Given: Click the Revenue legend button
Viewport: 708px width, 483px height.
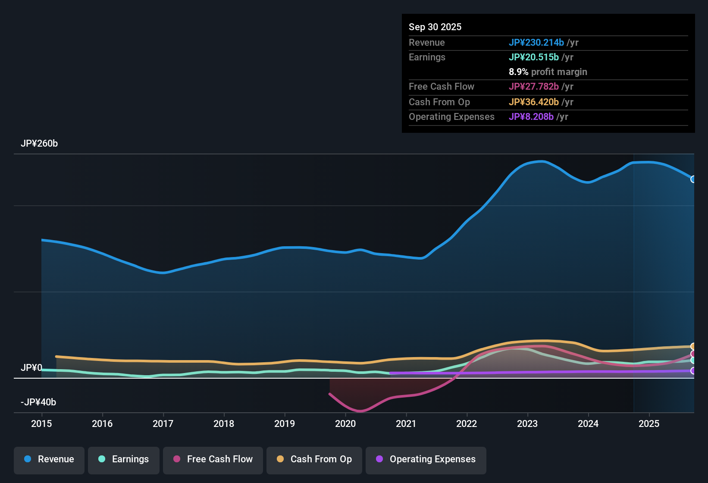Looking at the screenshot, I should tap(49, 459).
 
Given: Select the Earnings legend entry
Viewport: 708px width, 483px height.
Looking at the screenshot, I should tap(124, 459).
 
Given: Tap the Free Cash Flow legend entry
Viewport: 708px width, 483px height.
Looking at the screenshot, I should tap(213, 459).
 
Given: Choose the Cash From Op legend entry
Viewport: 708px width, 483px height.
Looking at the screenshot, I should tap(314, 459).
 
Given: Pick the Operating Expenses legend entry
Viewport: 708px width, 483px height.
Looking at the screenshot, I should tap(426, 459).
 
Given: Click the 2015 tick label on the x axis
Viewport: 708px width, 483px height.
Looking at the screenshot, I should tap(41, 424).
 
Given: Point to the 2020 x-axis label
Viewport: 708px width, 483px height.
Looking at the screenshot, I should tap(345, 424).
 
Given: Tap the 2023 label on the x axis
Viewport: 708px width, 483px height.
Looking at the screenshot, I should tap(527, 424).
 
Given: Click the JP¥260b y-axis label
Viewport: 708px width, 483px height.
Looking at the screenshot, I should tap(39, 144).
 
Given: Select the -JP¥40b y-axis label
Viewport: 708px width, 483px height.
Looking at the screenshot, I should tap(38, 402).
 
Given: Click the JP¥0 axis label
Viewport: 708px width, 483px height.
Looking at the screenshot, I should tap(31, 368).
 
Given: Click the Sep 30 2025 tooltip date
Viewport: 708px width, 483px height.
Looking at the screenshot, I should tap(435, 27).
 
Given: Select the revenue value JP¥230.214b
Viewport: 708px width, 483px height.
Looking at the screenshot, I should tap(536, 43).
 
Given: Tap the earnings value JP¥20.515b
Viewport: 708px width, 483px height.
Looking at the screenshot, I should tap(533, 57).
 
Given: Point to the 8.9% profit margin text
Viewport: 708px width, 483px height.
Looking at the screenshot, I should tap(548, 72).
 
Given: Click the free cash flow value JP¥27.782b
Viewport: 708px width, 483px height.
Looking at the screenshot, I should tap(533, 87).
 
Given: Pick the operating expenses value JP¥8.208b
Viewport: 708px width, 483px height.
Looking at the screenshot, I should tap(531, 117).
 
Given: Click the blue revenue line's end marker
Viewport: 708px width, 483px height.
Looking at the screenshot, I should tap(693, 179).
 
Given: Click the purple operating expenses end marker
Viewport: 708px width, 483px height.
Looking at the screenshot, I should tap(693, 371).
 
